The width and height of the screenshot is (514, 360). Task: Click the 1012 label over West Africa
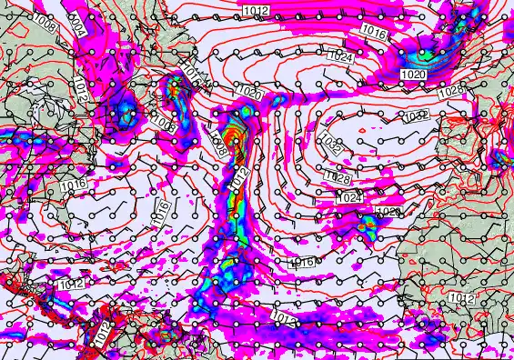(x=461, y=298)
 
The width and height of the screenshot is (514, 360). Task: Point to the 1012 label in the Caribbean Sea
(x=69, y=285)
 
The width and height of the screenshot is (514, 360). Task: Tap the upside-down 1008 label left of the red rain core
(x=217, y=144)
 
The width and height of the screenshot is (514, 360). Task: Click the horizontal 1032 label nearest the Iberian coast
(x=415, y=115)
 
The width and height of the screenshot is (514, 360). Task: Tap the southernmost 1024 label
(x=348, y=196)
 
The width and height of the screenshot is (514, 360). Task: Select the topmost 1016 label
(x=374, y=33)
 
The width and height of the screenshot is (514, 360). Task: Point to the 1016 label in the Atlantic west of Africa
(x=301, y=262)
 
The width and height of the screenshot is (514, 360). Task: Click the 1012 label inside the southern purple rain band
(x=282, y=317)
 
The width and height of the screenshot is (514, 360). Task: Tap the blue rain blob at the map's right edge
(x=499, y=160)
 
